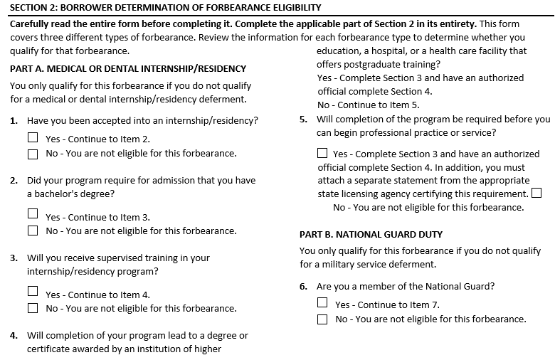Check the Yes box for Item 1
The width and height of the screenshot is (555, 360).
33,138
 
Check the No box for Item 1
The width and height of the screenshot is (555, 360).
33,154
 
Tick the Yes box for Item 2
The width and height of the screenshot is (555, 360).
33,213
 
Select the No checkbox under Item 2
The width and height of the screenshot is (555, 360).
33,231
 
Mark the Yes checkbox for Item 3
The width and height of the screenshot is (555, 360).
33,291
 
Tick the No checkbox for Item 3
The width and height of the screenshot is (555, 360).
33,308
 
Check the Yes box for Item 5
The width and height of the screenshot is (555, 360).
322,153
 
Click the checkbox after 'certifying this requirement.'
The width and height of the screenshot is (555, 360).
536,193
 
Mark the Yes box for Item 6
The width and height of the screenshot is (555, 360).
322,302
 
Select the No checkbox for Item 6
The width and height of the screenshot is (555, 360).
322,319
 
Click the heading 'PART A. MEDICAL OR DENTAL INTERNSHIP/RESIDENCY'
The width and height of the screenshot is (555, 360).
128,69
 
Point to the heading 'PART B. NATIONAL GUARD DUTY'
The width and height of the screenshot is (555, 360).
371,234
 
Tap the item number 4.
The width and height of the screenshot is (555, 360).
14,336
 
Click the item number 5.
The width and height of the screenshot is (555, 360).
304,120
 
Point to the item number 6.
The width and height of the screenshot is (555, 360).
304,287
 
